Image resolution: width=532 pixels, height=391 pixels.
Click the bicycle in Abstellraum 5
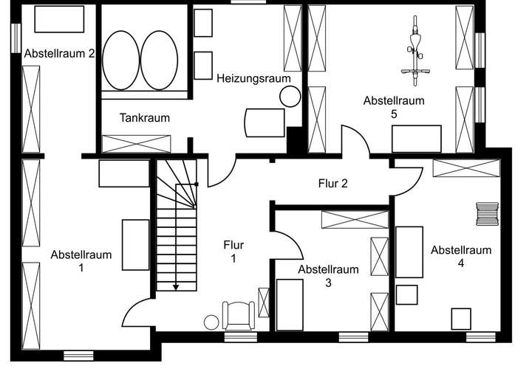pos(416,51)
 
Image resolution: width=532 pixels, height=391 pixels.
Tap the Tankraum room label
pos(145,117)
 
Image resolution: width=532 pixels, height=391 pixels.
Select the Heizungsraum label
pos(253,77)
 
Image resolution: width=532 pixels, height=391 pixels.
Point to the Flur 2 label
pos(332,184)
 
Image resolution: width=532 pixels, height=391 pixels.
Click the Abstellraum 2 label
pos(59,53)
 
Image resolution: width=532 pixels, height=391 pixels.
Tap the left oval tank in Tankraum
pos(120,60)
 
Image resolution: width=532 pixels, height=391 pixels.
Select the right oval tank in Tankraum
pos(159,60)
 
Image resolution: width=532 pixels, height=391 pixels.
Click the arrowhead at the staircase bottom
pos(177,286)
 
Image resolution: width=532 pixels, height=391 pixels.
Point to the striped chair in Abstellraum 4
pos(487,214)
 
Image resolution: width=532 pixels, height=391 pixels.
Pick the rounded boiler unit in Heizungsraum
pos(265,122)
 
